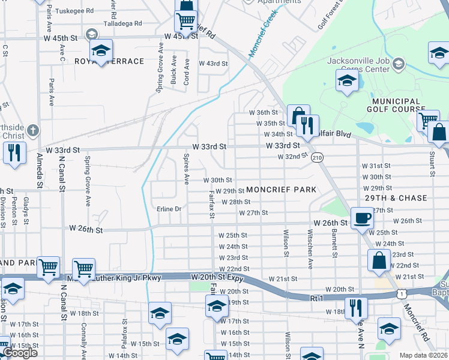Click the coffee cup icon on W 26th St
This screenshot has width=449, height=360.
coord(361,218)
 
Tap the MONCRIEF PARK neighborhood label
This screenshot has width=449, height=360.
coord(281,190)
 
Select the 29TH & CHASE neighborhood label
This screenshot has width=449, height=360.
coord(396,198)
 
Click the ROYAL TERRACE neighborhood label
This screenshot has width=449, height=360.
coord(110,61)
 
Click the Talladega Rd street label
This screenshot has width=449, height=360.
coord(121,23)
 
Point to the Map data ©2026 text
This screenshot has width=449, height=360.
coord(424,355)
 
